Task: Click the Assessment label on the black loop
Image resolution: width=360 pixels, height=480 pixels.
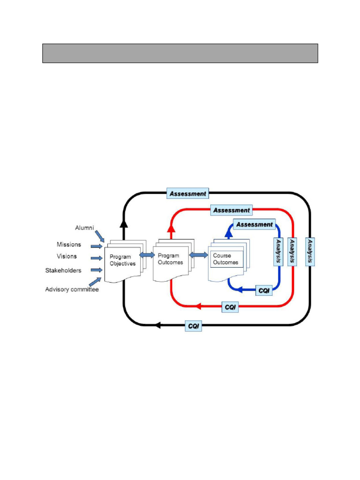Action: pos(187,193)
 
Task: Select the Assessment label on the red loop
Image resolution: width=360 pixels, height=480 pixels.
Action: pos(232,210)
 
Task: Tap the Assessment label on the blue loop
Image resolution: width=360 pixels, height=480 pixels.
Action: pos(254,225)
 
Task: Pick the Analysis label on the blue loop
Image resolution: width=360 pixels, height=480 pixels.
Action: pos(278,251)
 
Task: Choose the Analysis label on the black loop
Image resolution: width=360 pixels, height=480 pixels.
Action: pos(309,251)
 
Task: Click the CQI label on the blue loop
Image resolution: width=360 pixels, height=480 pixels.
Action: pos(264,291)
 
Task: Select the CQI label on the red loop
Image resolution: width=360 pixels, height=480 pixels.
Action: pos(230,307)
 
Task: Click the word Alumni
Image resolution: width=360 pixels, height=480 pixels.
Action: pos(85,228)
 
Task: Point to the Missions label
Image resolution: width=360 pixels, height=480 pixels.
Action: pos(69,244)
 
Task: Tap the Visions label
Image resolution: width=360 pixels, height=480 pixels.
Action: pos(67,256)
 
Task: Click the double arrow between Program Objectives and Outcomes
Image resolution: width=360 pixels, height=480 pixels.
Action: pos(147,255)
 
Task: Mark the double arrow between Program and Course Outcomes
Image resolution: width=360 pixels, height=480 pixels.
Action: pos(199,255)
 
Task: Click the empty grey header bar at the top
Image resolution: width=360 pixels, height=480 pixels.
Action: pos(180,53)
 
